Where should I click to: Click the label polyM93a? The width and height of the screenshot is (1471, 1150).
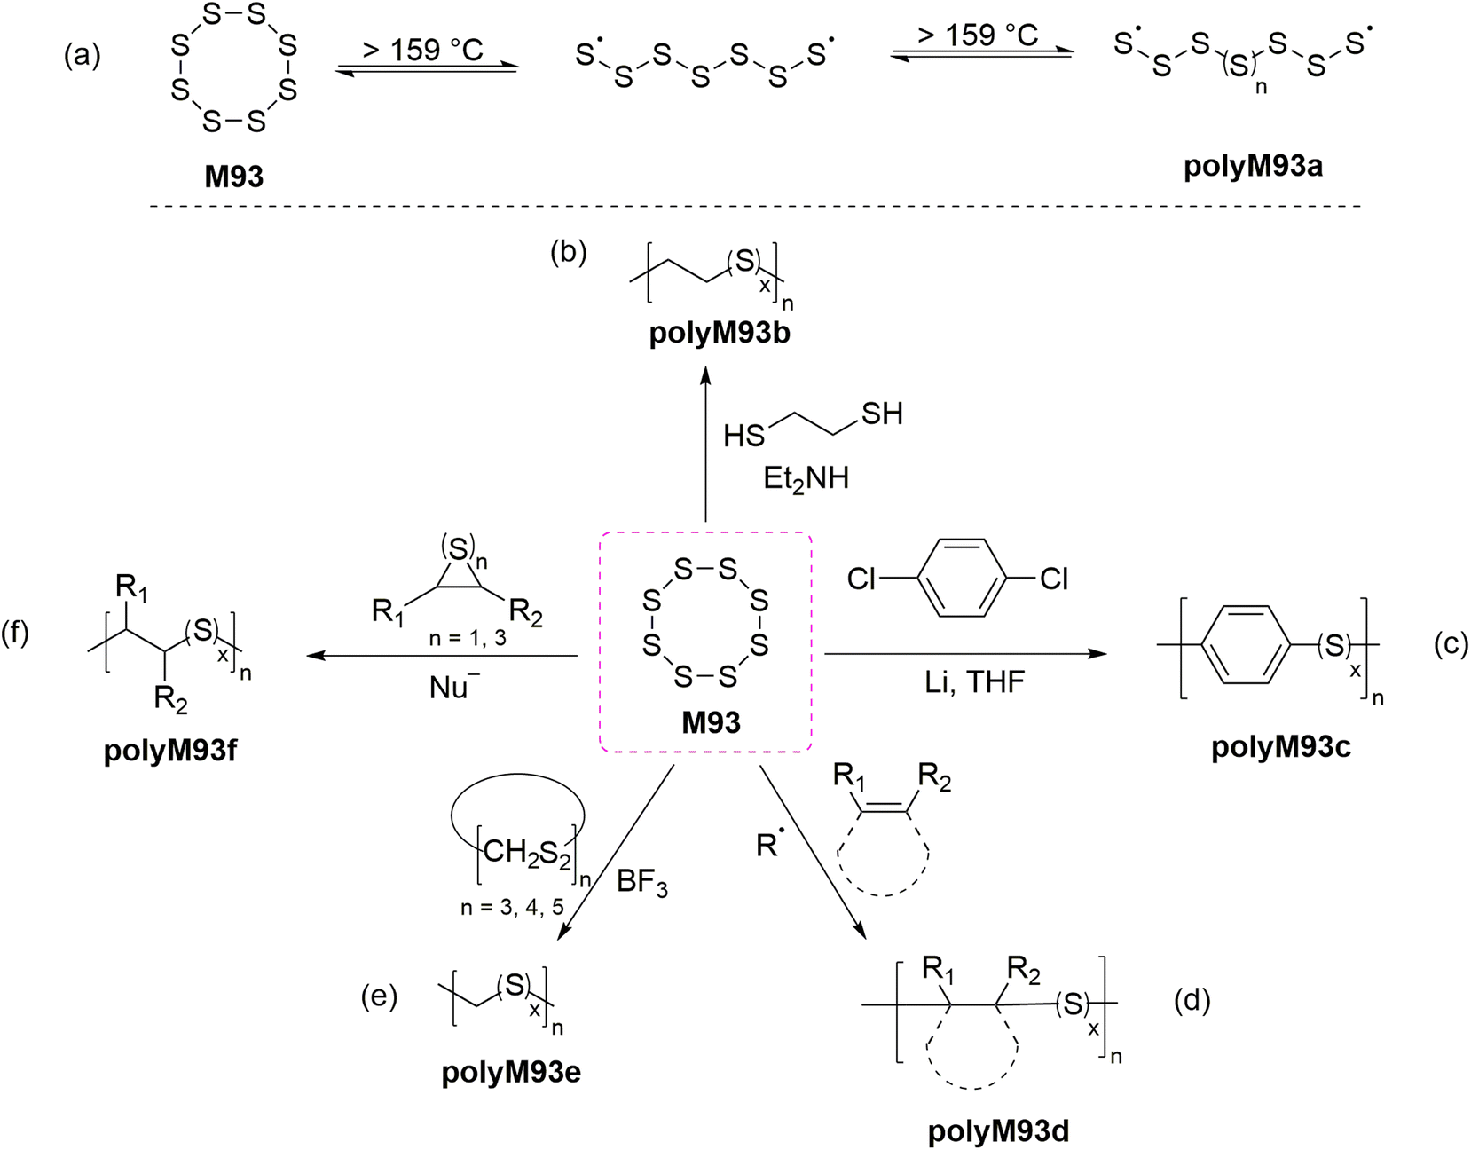(1253, 166)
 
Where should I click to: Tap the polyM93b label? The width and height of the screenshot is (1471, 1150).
(720, 334)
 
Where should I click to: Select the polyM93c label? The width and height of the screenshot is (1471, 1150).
(1280, 747)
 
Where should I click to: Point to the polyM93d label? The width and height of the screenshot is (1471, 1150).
(998, 1130)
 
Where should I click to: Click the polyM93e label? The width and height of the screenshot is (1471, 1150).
(511, 1072)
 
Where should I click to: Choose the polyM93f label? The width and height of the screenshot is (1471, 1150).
(170, 751)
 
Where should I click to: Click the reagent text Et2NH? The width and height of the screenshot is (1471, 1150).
(806, 479)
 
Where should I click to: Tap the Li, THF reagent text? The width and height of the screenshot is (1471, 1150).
(974, 681)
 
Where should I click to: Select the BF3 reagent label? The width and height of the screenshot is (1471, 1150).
(641, 882)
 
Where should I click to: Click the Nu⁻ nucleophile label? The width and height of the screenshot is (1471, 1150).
(453, 688)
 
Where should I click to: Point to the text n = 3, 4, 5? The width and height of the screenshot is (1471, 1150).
(512, 907)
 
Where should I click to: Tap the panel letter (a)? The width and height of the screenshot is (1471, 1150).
(83, 55)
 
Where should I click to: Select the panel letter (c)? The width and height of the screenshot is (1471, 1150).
(1451, 644)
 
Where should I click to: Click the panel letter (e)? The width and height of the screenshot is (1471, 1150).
(379, 996)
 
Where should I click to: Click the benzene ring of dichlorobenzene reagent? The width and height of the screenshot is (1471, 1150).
(961, 579)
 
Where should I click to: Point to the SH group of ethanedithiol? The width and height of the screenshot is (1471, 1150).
(881, 414)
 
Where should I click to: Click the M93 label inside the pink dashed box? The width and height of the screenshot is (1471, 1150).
(711, 722)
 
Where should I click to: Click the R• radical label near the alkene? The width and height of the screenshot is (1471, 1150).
(768, 845)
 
